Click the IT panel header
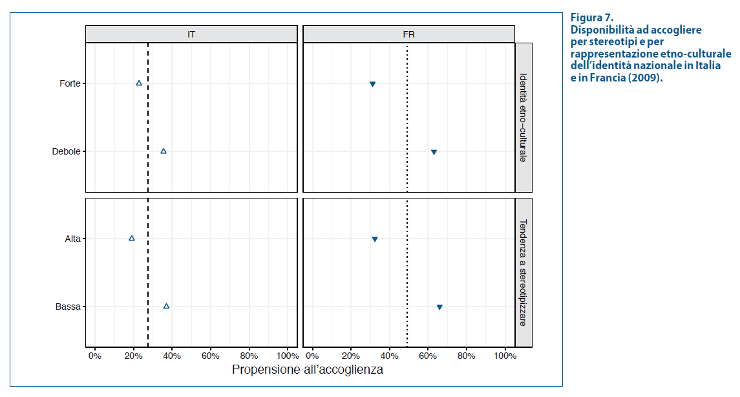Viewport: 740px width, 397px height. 191,34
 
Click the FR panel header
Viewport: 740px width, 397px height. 408,34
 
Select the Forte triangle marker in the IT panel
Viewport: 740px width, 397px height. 139,83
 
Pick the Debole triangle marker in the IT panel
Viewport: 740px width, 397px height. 164,151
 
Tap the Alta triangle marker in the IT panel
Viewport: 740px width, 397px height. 132,239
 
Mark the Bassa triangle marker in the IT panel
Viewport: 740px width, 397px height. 167,306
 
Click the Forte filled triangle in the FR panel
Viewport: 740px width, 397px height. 373,84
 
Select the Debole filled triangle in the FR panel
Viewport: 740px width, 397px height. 434,152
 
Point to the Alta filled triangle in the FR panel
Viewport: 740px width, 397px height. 375,239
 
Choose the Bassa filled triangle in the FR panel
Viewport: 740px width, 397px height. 439,307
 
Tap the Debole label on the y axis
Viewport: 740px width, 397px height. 66,151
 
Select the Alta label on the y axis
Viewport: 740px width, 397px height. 72,239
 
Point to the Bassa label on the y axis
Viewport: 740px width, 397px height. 68,306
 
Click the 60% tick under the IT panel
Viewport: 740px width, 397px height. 211,356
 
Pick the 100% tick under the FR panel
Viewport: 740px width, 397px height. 505,356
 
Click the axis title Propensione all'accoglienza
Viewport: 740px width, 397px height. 307,370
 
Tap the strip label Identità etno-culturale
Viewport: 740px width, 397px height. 523,118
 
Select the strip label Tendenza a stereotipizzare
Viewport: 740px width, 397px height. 523,272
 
